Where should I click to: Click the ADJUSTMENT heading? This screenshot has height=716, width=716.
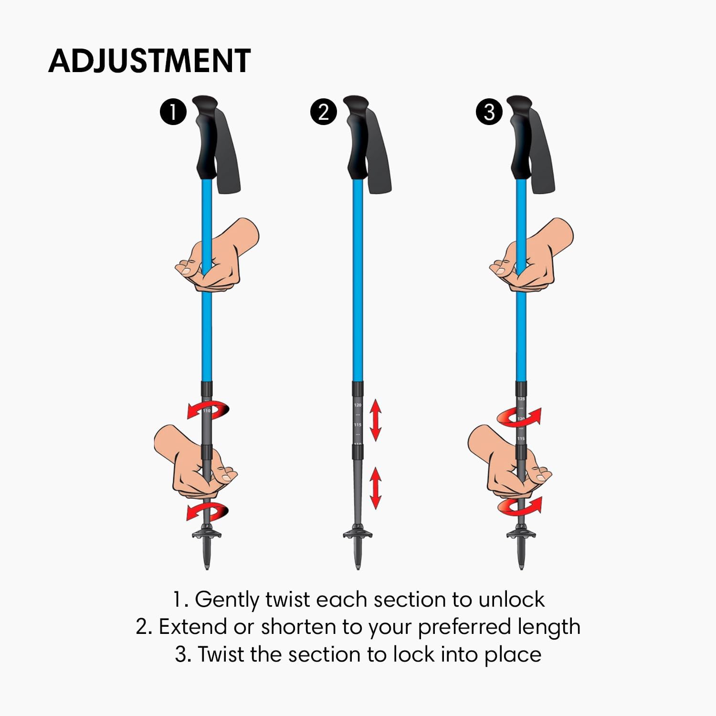(x=149, y=61)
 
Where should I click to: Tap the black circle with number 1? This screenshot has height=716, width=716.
(x=173, y=113)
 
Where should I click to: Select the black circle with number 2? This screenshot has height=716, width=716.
(x=323, y=113)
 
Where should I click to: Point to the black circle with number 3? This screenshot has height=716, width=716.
(x=489, y=113)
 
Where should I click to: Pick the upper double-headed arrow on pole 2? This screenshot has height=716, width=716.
(x=376, y=420)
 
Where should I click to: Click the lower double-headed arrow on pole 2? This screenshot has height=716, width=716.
(x=376, y=488)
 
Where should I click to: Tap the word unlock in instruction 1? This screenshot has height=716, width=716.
(x=511, y=600)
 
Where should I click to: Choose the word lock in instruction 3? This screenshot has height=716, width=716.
(x=413, y=654)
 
